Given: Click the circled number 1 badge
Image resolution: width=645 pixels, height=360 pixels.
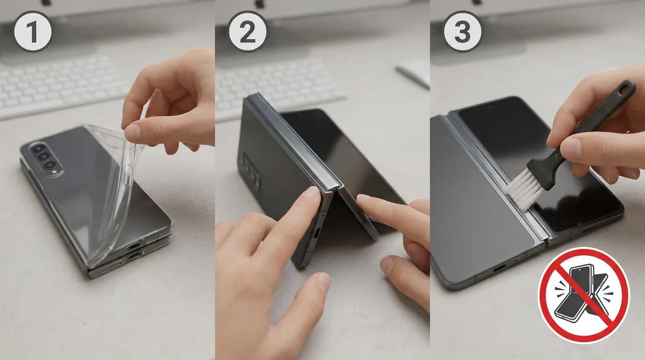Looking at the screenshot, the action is pos(33,31).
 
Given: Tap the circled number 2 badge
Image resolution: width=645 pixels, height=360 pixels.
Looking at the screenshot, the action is pos(247,31).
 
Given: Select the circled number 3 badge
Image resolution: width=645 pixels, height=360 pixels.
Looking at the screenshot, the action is pos(463,31).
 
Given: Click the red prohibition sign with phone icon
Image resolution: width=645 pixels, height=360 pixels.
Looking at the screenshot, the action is pos(584,295).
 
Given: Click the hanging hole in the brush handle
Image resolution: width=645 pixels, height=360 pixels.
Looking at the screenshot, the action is pos(624,89).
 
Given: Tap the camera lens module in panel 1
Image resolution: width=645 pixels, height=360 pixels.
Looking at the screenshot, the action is pos(45,157).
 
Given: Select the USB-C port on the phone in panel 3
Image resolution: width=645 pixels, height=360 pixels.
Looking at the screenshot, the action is pos(499,269).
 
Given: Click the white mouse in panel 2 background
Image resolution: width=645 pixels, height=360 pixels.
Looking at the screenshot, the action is pos(414,72).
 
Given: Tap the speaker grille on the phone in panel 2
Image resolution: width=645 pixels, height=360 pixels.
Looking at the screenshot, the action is pos(361,216).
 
